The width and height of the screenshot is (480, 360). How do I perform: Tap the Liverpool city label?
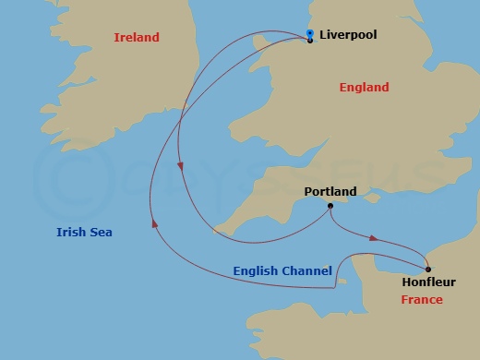[348, 35]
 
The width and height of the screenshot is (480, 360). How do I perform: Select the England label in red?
[364, 88]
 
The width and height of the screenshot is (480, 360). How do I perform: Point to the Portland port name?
[330, 192]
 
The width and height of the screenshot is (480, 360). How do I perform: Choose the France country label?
[421, 300]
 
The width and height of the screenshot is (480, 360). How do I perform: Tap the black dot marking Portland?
[330, 206]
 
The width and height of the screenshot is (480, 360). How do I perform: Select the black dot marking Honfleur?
[428, 269]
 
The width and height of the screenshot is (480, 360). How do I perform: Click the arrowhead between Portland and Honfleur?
[373, 238]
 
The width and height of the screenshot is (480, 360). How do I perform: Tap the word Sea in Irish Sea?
[100, 233]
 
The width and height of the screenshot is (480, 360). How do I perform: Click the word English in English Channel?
[256, 270]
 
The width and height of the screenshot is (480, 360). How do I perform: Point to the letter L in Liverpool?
[323, 35]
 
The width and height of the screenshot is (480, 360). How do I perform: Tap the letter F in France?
[404, 300]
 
